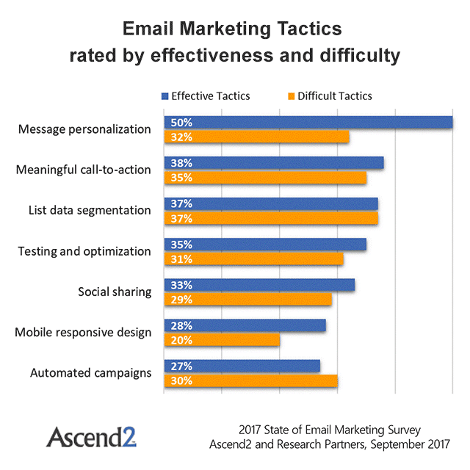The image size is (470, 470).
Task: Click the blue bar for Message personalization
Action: pyautogui.click(x=308, y=123)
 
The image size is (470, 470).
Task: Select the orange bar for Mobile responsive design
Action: pyautogui.click(x=222, y=340)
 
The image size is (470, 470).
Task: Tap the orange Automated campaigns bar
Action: pyautogui.click(x=250, y=380)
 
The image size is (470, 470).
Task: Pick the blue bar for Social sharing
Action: pyautogui.click(x=259, y=285)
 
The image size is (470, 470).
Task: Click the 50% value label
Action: pyautogui.click(x=181, y=123)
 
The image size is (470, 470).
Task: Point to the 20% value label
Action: pyautogui.click(x=181, y=340)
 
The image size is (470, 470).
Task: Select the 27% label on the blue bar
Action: pyautogui.click(x=181, y=366)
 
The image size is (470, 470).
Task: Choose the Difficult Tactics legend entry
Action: pyautogui.click(x=334, y=95)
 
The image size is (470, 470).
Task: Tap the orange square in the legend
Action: pyautogui.click(x=290, y=95)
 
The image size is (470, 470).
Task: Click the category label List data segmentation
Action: pyautogui.click(x=84, y=210)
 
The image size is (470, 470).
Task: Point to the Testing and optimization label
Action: pyautogui.click(x=84, y=251)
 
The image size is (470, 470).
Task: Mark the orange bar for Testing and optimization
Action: pyautogui.click(x=253, y=258)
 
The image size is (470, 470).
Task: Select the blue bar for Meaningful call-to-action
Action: pyautogui.click(x=273, y=163)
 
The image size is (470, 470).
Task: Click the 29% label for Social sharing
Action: pyautogui.click(x=181, y=300)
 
